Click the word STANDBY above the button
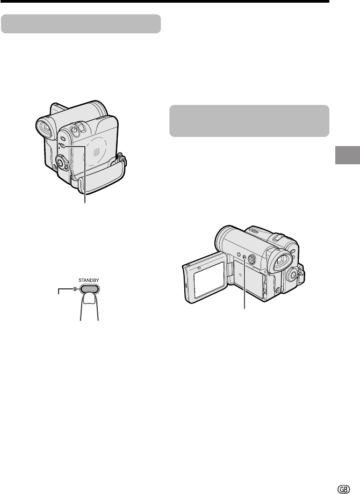pos(89,280)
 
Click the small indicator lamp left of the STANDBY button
pos(75,289)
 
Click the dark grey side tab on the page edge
pos(348,155)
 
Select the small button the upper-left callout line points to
pos(63,146)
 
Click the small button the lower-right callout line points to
pos(245,257)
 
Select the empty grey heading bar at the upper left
pos(81,24)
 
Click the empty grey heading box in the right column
pos(249,121)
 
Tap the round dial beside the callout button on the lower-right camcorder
pos(251,259)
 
